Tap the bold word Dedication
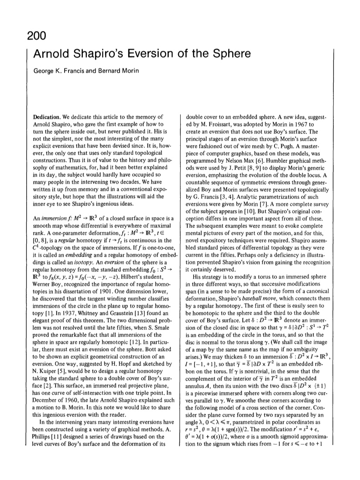[x=48, y=117]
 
